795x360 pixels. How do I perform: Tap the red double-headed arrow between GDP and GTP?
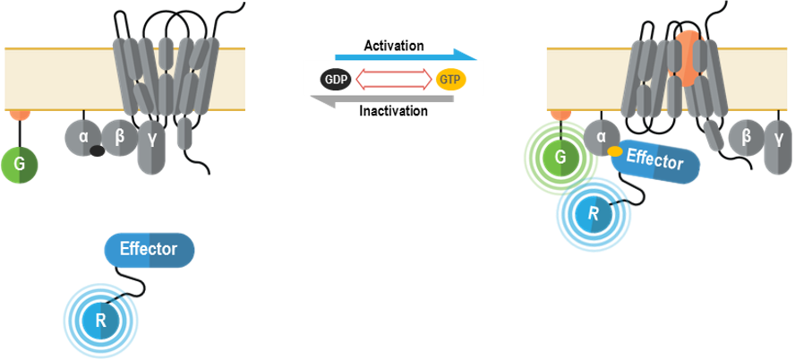[394, 80]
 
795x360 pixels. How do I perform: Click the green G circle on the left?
[19, 165]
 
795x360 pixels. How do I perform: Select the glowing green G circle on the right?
[560, 158]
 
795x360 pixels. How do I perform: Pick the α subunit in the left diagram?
[82, 137]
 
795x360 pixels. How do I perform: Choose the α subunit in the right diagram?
[602, 138]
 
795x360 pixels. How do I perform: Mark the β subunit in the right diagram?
[745, 138]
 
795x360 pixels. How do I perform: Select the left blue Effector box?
[149, 250]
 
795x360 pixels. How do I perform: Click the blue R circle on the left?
[100, 319]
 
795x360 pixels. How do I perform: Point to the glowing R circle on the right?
[592, 211]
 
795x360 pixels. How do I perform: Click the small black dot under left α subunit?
[97, 151]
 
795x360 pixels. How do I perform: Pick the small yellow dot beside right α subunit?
[615, 151]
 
